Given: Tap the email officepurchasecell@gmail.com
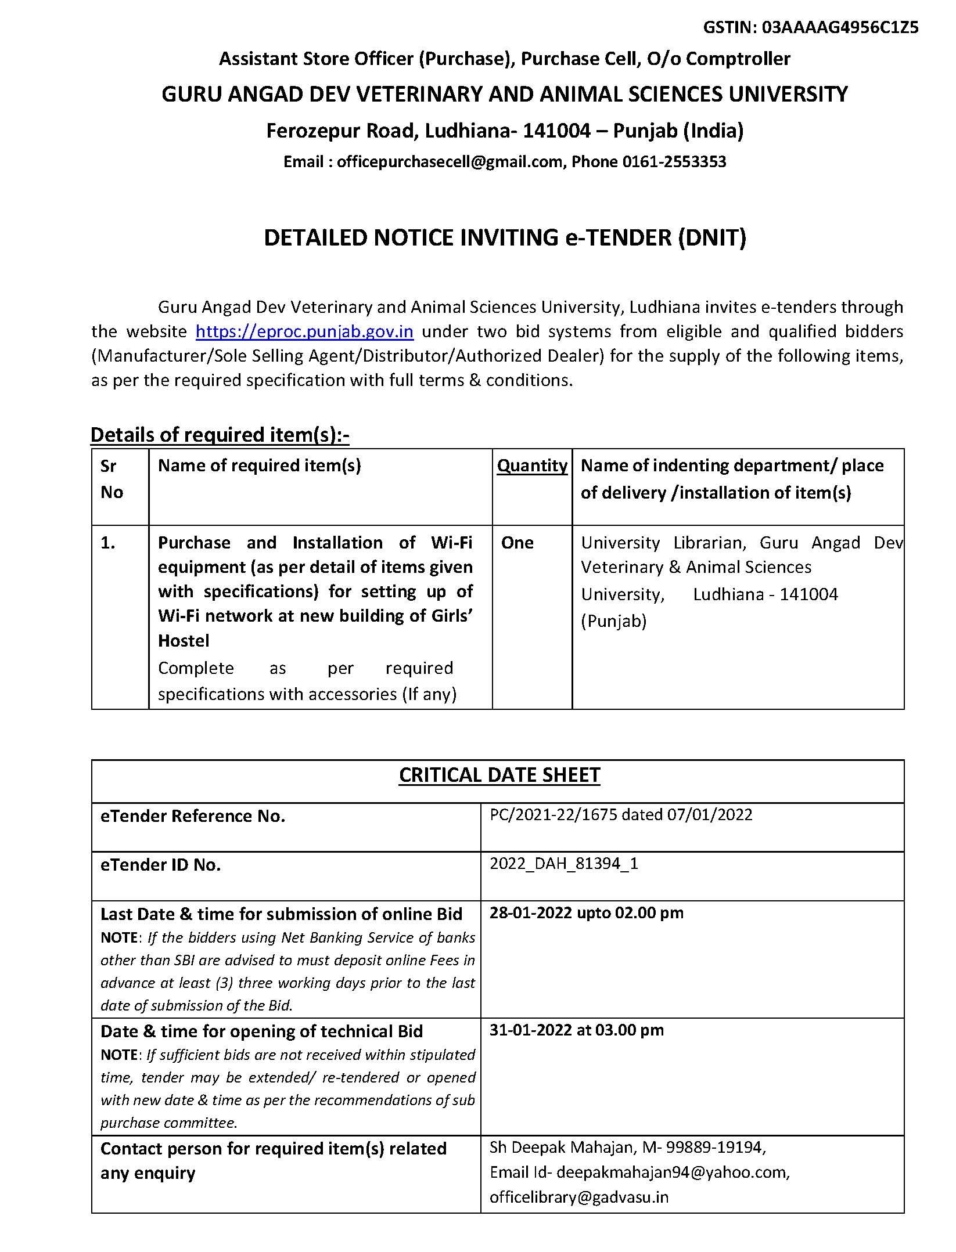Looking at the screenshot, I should click(450, 161).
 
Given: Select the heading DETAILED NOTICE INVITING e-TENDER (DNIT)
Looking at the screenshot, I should click(505, 238).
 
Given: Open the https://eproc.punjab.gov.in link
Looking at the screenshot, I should click(304, 331).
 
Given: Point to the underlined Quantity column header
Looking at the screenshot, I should click(532, 466).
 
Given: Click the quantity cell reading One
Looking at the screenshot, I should click(517, 543).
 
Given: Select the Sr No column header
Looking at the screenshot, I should click(112, 479).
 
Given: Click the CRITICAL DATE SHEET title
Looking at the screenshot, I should click(499, 775).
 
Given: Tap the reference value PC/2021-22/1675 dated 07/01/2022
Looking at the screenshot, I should click(620, 814).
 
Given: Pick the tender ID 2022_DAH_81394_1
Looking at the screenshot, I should click(563, 864).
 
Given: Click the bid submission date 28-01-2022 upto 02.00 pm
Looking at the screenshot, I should click(586, 913).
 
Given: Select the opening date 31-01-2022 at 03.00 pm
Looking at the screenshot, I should click(576, 1030).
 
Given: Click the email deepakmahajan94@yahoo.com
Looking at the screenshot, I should click(673, 1172).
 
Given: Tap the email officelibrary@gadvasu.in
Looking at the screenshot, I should click(578, 1197).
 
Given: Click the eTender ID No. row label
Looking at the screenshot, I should click(160, 865).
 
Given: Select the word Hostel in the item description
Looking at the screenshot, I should click(184, 641).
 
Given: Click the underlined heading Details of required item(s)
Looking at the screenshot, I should click(220, 435).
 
